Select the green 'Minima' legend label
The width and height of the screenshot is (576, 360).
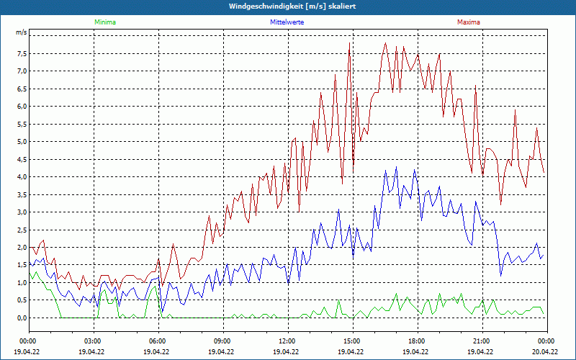point(104,22)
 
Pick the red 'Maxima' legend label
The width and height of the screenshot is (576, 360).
point(469,22)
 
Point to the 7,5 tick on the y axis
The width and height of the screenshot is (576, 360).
point(21,53)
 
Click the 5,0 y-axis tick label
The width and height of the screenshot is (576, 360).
point(21,142)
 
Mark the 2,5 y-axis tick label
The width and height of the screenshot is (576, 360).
point(21,230)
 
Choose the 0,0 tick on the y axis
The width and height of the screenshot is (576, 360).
point(21,318)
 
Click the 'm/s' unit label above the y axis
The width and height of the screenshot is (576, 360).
point(21,33)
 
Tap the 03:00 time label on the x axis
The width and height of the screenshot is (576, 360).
point(93,341)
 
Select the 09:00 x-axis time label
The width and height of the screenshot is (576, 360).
point(222,341)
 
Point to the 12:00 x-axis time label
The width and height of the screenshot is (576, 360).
point(287,341)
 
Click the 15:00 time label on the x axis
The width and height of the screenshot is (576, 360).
point(352,341)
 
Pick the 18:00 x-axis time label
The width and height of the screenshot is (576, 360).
point(417,341)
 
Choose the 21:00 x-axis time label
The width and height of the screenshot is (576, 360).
point(482,341)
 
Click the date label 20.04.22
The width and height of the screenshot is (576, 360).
point(546,352)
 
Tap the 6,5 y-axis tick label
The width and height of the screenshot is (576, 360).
point(21,89)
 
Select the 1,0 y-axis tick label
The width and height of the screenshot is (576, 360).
point(21,283)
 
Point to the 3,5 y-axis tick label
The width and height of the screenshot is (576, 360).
point(21,194)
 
